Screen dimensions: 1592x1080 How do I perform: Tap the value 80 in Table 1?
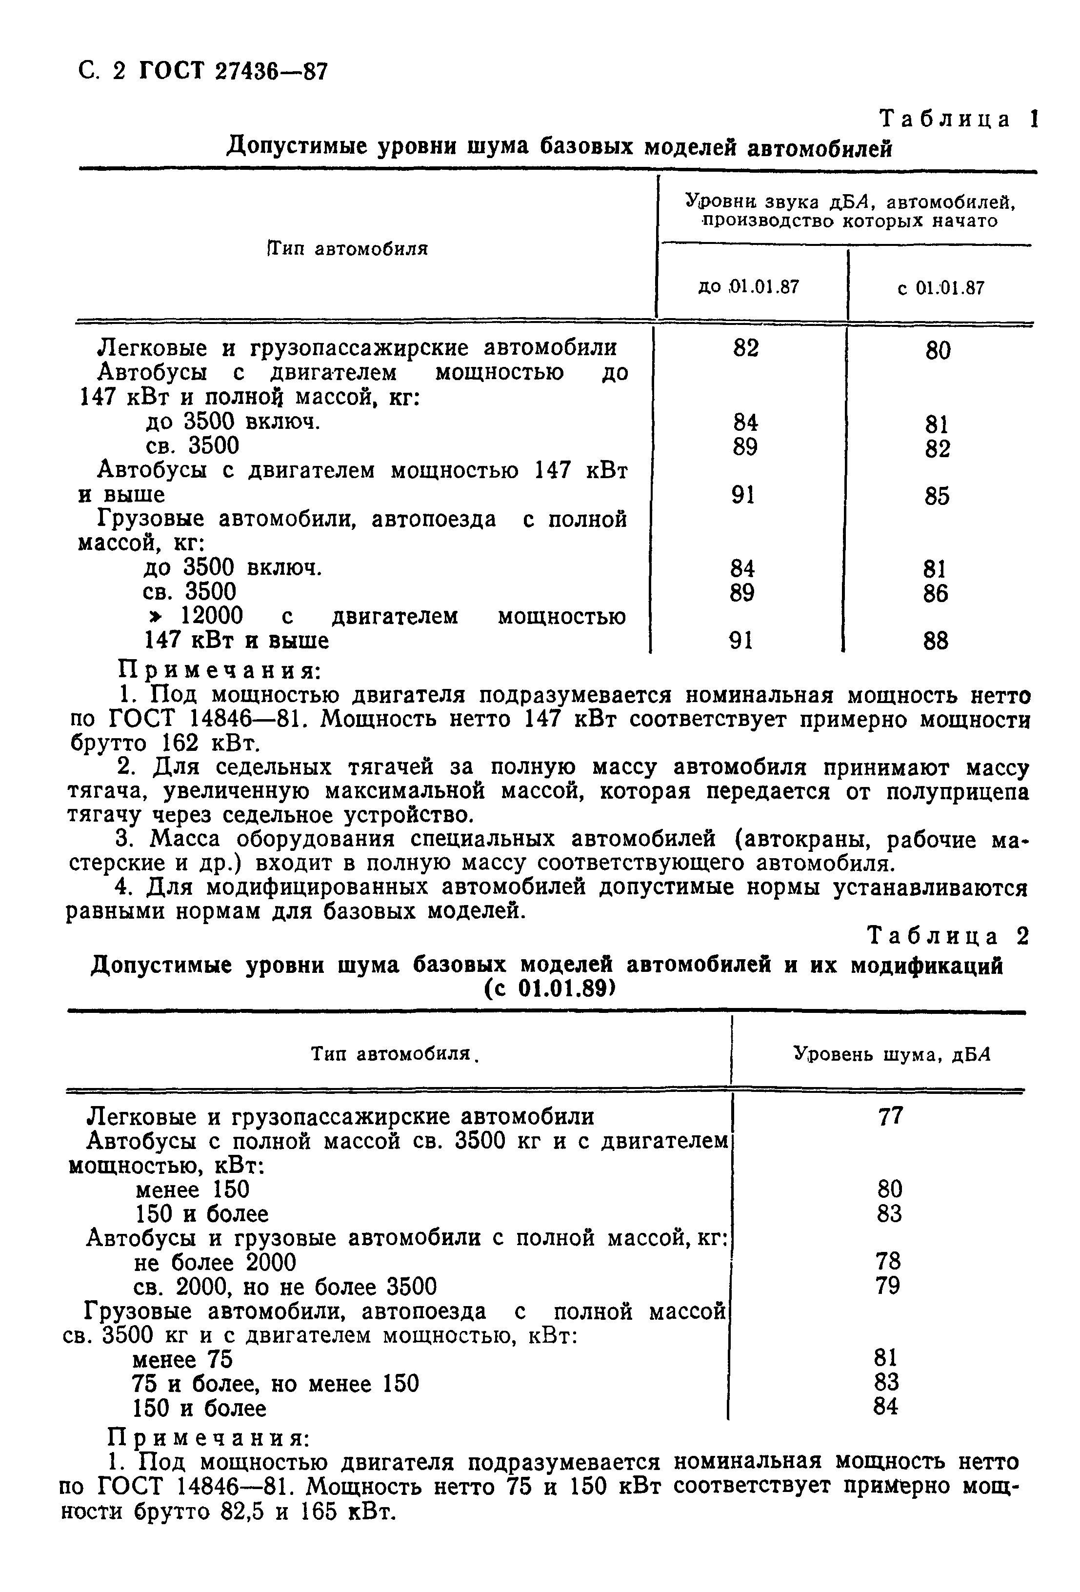937,351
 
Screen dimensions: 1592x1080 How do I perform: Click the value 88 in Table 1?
936,641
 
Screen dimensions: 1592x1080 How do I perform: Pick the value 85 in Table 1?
936,496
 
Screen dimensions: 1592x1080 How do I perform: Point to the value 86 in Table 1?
936,593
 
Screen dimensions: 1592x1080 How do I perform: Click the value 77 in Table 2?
890,1117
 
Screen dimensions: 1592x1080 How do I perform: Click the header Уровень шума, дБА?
892,1053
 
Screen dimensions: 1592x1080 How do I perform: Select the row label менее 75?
181,1359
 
